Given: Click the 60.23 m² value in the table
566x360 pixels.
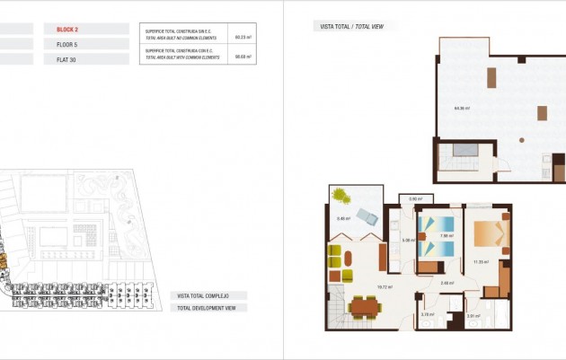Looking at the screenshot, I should pos(242,38).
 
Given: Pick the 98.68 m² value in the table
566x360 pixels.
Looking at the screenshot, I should pos(242,56).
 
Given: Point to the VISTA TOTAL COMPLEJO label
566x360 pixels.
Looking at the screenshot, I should pos(204,295).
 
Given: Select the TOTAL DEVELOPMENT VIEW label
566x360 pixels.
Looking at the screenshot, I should pos(207,308).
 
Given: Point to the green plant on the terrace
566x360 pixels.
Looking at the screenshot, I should pos(341,194).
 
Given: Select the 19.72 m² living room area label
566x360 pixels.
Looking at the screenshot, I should pos(384,287).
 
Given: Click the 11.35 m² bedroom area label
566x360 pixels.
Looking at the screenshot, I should pos(480,262).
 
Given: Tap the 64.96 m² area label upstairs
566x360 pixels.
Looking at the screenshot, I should pos(461,109).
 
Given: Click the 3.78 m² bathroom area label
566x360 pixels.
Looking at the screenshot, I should pos(428,314).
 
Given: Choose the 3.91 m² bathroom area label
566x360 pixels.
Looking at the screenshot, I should pos(473,315).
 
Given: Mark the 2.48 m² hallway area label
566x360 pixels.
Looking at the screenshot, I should pos(447,284).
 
